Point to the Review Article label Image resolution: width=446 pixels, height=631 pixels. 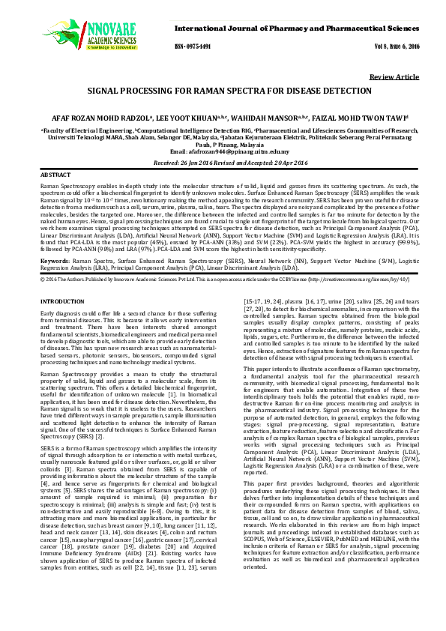click(x=395, y=77)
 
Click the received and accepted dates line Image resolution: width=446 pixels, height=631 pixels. click(x=223, y=161)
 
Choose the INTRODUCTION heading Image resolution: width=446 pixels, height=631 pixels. click(x=61, y=300)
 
